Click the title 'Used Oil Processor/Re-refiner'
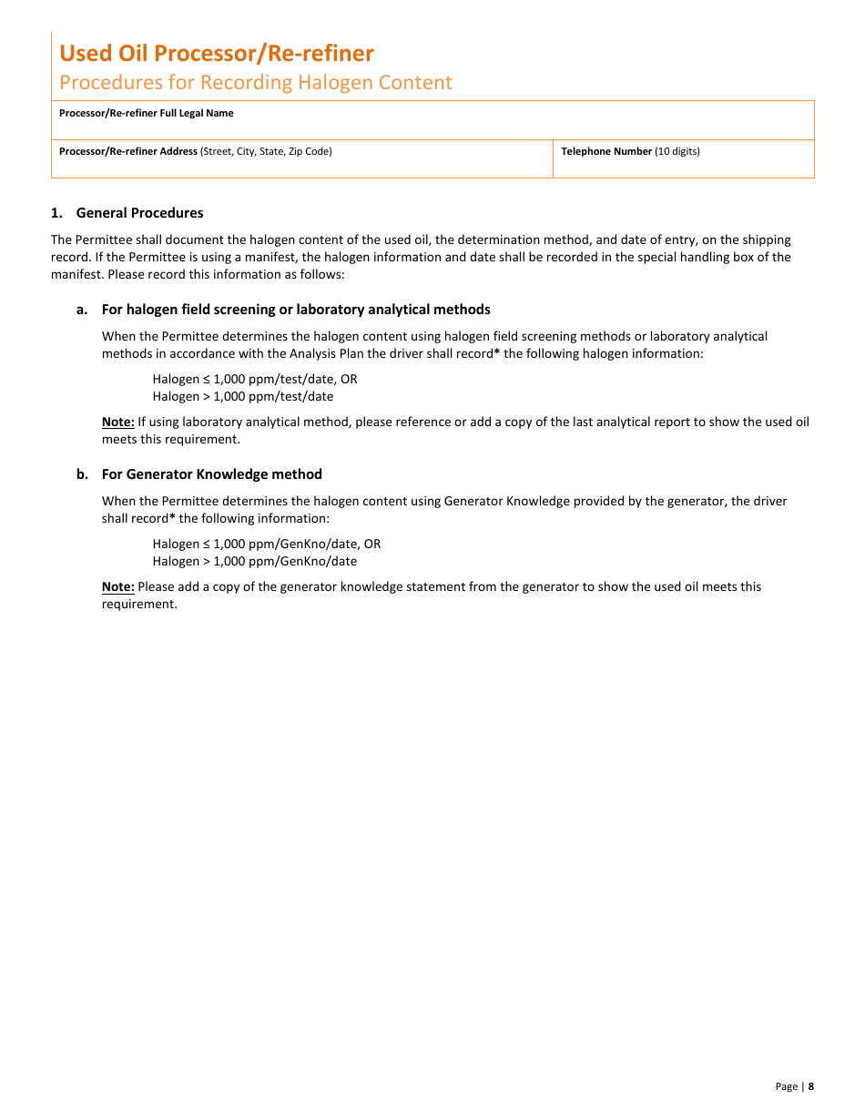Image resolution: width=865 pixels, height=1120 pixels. coord(217,53)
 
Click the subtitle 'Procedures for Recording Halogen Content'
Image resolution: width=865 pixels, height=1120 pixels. coord(256,82)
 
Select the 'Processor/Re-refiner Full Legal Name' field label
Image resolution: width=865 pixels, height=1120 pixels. coord(146,113)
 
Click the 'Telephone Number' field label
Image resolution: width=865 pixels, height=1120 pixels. coord(606,151)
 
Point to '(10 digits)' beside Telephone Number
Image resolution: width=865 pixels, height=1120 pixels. coord(677,151)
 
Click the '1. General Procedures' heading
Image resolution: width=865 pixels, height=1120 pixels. coord(127,213)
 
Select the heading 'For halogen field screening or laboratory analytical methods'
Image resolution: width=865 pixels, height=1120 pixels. coord(296,310)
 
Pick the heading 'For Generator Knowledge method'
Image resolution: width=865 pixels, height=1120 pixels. coord(212,474)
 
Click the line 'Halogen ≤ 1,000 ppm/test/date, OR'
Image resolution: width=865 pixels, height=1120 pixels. coord(255,379)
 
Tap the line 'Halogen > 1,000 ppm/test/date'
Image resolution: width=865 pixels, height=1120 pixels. coord(243,396)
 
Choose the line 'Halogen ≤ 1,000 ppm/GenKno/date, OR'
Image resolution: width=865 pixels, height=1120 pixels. coord(267,544)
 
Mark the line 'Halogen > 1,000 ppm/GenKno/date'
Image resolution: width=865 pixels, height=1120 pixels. coord(255,561)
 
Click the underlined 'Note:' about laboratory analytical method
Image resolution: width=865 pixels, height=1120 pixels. coord(117,422)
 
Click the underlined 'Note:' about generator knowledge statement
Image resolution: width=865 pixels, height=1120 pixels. coord(117,586)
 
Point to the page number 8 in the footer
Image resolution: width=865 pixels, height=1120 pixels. coord(811,1085)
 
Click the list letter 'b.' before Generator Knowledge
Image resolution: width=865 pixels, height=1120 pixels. coord(82,474)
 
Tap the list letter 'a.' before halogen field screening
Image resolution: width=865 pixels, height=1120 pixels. coord(82,310)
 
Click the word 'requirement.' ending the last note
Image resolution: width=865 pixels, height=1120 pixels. coord(139,604)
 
